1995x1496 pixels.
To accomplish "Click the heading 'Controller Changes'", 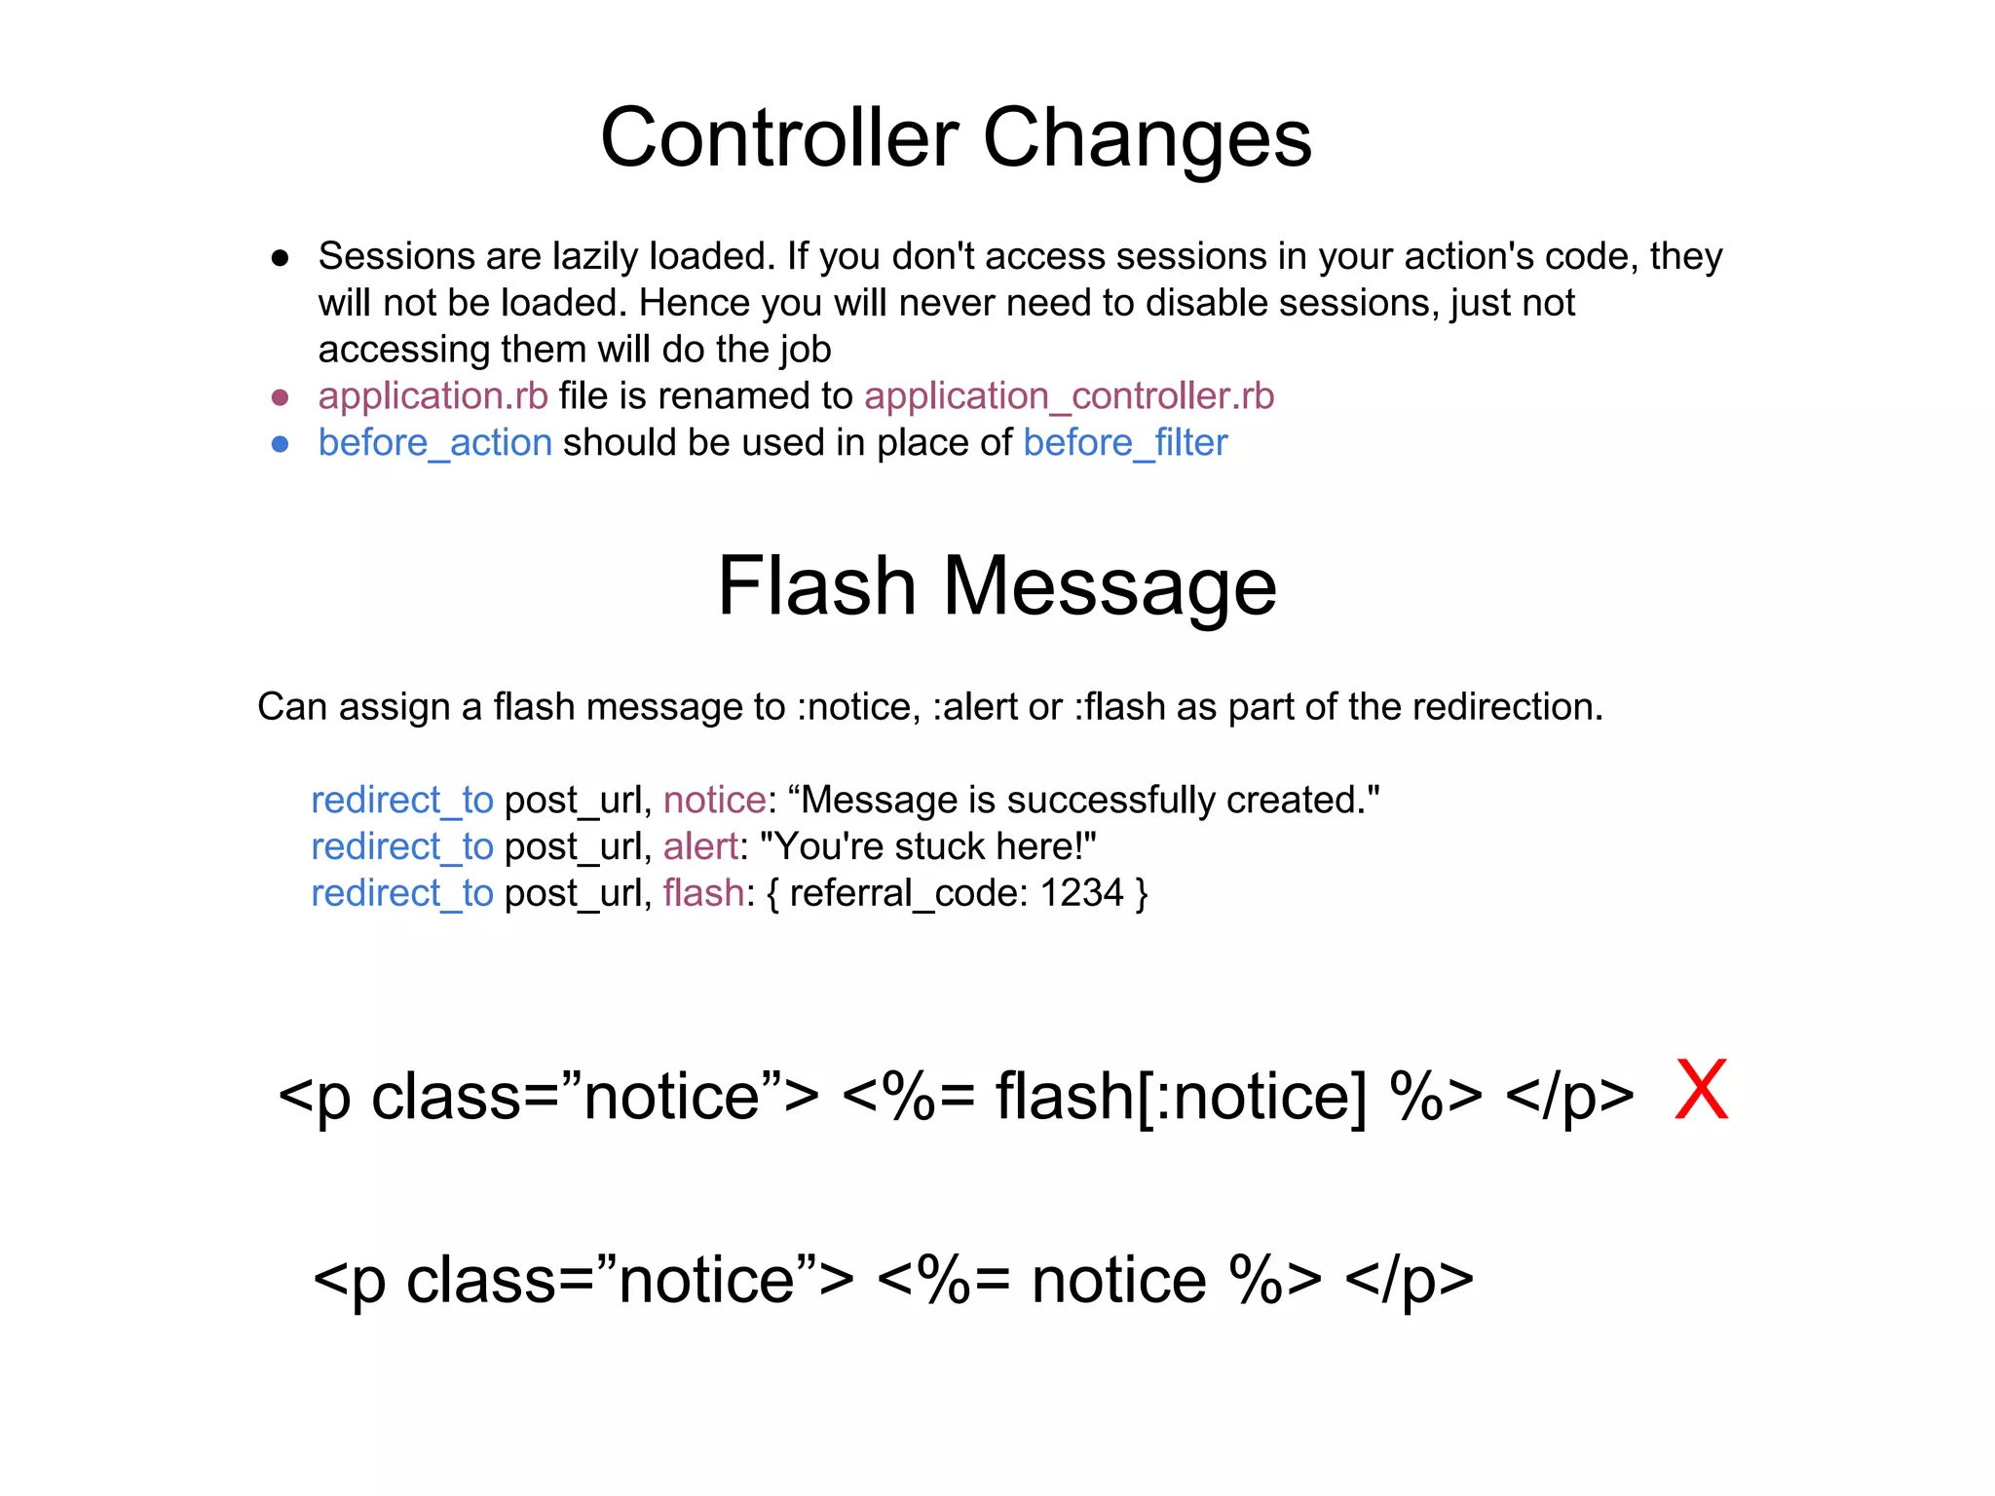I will click(x=956, y=137).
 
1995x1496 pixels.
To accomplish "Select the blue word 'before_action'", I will click(x=434, y=443).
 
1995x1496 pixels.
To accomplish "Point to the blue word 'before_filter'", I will click(x=1125, y=443).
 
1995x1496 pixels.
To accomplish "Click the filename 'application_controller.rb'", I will click(x=1069, y=396).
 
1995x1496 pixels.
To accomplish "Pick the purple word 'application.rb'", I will click(x=433, y=396).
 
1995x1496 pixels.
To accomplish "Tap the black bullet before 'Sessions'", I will click(x=281, y=258).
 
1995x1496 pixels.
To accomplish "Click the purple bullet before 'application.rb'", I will click(x=281, y=397).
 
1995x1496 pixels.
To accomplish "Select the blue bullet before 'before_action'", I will click(x=281, y=444).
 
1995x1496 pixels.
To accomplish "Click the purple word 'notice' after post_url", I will click(x=714, y=801).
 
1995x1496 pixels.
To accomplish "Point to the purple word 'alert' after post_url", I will click(x=699, y=847).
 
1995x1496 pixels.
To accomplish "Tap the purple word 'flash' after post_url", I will click(x=703, y=893).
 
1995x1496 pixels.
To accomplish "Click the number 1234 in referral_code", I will click(x=1081, y=893).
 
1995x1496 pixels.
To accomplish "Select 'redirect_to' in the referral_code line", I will click(x=402, y=893).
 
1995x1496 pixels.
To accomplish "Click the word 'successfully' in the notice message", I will click(x=1110, y=801).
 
